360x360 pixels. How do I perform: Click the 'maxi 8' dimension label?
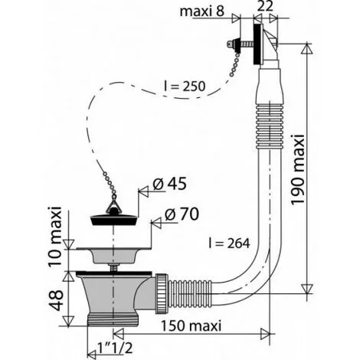[201, 11]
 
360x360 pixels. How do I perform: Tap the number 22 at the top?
[265, 6]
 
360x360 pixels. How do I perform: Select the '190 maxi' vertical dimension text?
[298, 169]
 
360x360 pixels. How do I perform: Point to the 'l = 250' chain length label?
[185, 87]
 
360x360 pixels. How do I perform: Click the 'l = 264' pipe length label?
[229, 244]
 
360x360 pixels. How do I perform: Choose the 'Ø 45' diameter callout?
[169, 184]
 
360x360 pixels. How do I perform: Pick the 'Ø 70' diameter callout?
[182, 214]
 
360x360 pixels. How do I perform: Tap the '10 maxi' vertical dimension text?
[55, 236]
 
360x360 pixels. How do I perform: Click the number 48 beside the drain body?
[55, 300]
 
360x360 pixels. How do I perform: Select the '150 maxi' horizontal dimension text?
[191, 326]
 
